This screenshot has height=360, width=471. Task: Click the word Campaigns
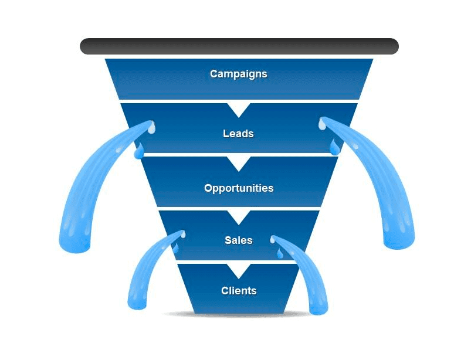point(238,74)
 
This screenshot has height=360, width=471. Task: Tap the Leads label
point(238,134)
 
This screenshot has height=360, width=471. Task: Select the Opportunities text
point(239,188)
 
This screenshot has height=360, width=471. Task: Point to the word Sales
point(239,240)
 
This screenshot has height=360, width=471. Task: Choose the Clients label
point(239,291)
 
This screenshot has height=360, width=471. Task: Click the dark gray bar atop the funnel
point(239,46)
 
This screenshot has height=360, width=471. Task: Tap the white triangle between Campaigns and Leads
point(239,107)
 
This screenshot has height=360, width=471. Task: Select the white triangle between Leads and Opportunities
point(239,161)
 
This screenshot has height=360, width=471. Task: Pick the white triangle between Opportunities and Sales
point(239,215)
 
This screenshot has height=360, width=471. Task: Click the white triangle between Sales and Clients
point(239,269)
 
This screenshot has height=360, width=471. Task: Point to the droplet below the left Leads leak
point(139,152)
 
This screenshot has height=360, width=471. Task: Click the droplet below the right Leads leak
point(334,147)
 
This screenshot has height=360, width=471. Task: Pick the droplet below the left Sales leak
point(175,249)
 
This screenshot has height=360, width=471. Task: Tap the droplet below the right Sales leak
point(280,253)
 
